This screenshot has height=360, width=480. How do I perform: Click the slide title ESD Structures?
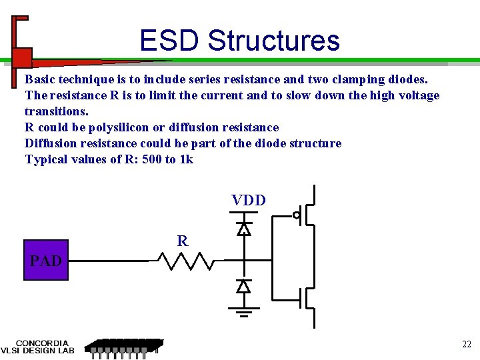[239, 41]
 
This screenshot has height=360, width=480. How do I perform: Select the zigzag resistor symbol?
[185, 261]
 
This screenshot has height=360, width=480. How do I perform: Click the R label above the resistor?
[182, 241]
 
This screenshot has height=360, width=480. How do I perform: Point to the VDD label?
[249, 200]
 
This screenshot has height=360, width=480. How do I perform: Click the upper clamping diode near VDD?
[244, 229]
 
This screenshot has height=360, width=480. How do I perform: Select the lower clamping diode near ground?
[244, 286]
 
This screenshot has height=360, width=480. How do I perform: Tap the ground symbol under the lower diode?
[244, 311]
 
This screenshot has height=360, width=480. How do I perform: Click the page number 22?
[467, 344]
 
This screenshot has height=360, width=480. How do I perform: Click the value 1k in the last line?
[186, 159]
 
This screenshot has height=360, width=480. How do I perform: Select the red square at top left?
[22, 58]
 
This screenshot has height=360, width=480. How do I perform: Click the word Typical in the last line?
[46, 159]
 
